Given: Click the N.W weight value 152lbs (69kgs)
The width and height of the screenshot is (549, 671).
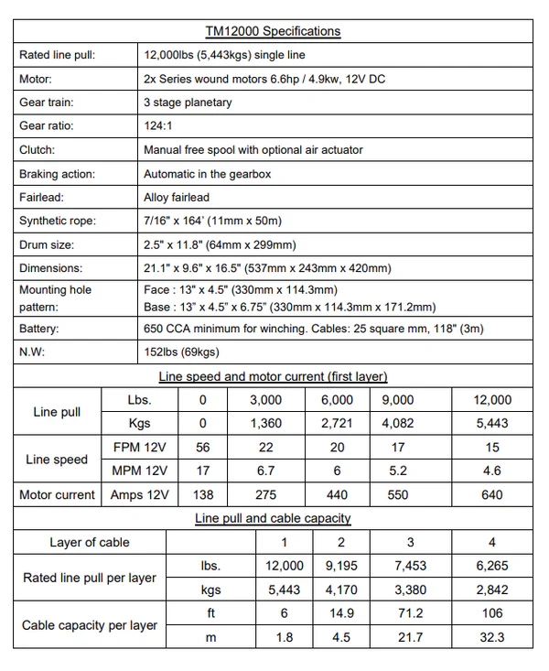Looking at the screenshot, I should click(181, 352).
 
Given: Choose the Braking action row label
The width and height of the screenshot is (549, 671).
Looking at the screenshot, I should click(57, 173).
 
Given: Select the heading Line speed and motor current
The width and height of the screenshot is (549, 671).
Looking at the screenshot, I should click(273, 376).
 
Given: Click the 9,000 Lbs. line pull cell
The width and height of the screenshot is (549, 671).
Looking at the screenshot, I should click(396, 400).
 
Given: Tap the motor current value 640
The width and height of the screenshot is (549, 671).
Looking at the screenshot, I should click(491, 495).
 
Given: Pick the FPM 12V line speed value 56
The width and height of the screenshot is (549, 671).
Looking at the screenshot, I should click(203, 448).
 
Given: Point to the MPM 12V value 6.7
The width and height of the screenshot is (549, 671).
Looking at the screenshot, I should click(266, 471).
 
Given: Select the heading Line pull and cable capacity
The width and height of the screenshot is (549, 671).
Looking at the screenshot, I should click(273, 519).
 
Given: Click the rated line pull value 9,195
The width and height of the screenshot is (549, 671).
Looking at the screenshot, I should click(341, 567).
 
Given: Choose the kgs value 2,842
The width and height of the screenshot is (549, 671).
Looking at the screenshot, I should click(491, 590).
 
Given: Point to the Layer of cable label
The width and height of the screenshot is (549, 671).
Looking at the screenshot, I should click(90, 543).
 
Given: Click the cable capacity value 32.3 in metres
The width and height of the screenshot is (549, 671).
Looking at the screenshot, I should click(491, 638).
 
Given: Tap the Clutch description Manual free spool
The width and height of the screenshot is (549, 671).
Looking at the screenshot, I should click(253, 149).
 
